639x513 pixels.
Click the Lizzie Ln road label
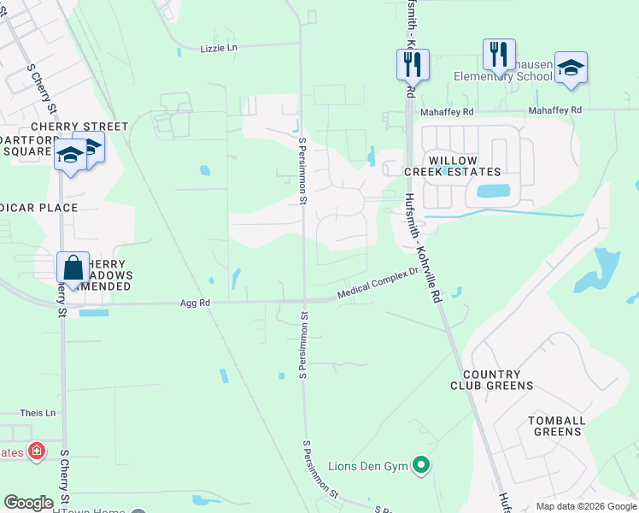point(218,49)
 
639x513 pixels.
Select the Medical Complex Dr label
point(377,284)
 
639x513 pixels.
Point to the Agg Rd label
point(194,304)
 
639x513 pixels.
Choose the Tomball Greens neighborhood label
point(556,426)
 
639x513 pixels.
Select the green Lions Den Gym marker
point(420,465)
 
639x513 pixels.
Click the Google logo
point(28,502)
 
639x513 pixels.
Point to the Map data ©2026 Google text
point(585,506)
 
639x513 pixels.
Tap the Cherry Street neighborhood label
point(79,127)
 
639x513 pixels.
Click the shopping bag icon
point(73,267)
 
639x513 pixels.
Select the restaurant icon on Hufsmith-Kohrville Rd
point(413,63)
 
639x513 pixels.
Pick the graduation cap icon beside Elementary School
point(571,68)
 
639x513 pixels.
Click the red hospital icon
point(36,451)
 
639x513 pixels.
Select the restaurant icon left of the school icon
point(499,54)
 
